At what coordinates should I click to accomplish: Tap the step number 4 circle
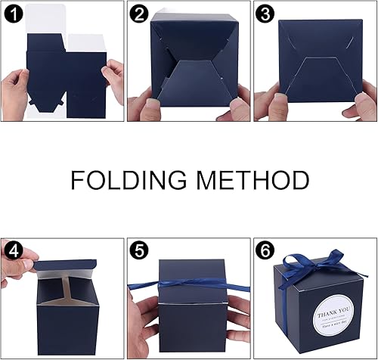(13, 250)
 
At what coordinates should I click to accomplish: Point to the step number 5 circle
(138, 250)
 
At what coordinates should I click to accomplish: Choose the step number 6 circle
(264, 250)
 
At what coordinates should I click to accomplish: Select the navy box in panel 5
(190, 303)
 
